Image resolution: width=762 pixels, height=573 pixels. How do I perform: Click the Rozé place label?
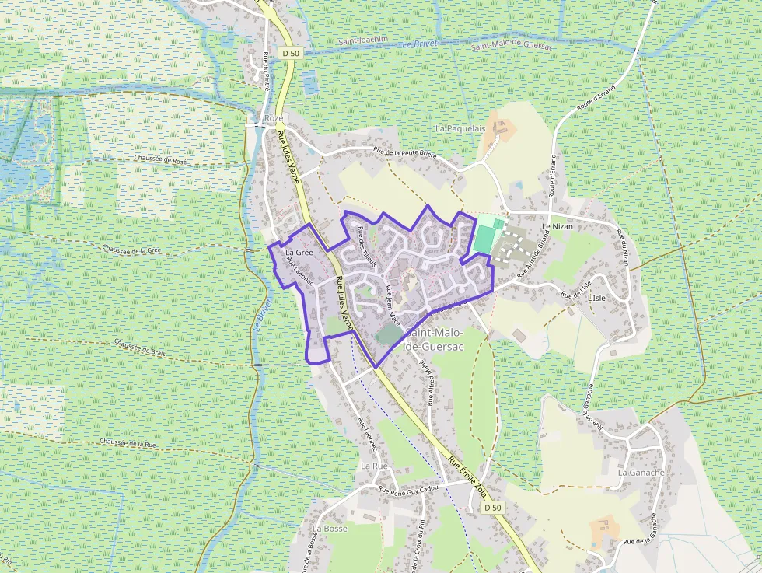pos(274,118)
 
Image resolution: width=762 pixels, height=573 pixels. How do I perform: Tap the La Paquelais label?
pos(460,128)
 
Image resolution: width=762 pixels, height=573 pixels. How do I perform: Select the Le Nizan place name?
pos(557,226)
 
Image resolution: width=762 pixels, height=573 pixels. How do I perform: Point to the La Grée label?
pos(299,253)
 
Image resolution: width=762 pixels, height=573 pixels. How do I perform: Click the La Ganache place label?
pos(641,472)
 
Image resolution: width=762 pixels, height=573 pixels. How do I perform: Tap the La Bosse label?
pos(330,528)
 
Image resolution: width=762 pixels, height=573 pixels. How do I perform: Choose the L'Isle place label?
pos(596,298)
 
